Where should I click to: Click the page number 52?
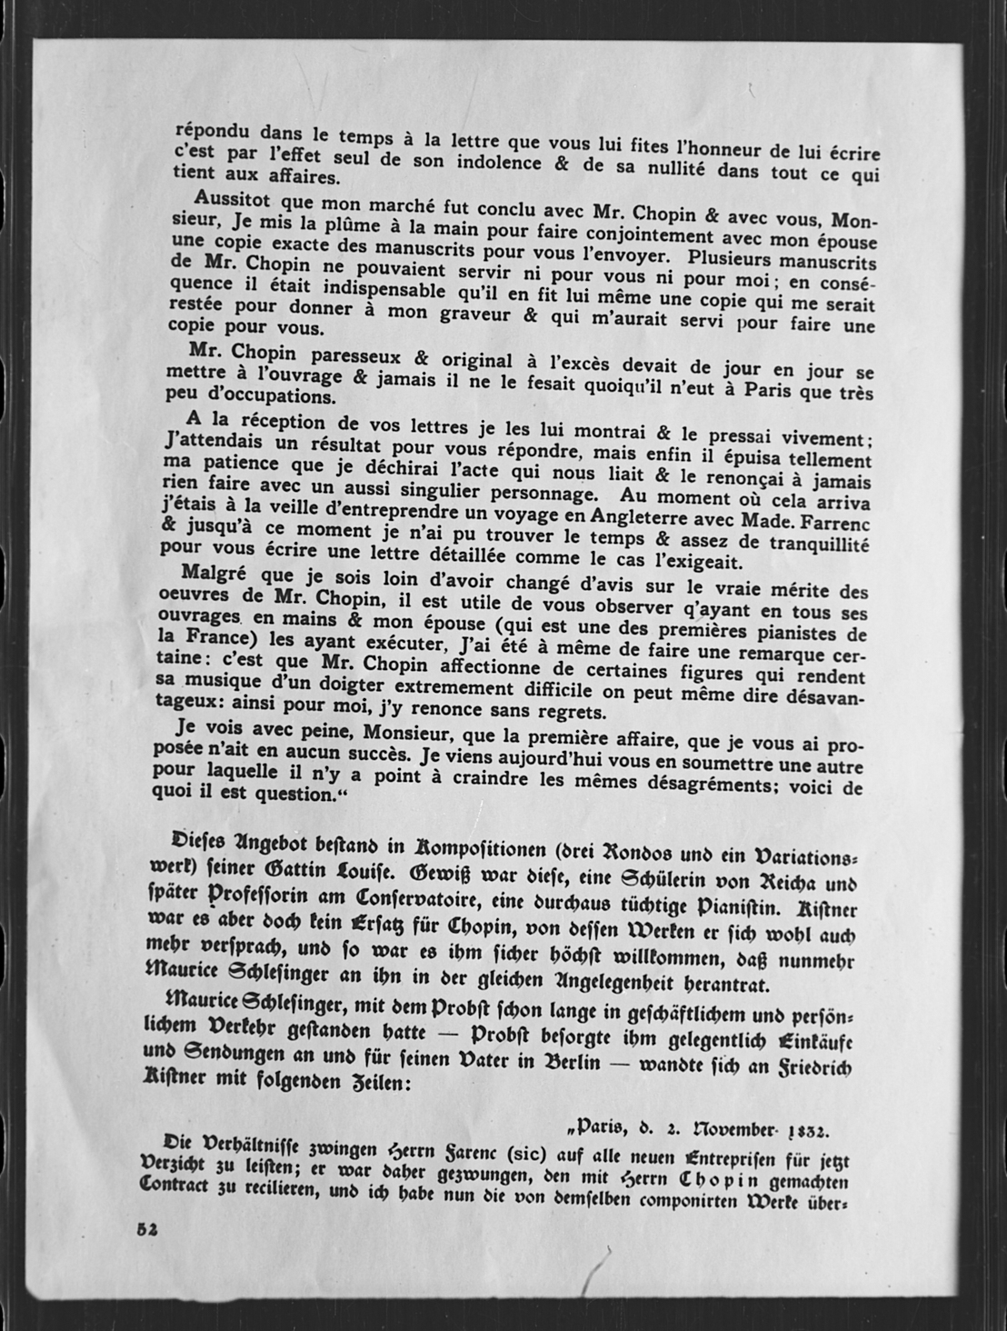pos(148,1226)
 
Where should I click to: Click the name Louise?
pos(355,872)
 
